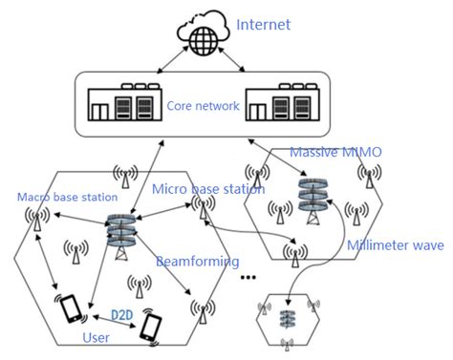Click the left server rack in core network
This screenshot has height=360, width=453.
pos(125,105)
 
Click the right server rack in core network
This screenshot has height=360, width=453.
pos(279,105)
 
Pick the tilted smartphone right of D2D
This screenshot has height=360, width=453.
pos(151,325)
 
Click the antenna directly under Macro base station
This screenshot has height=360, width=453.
pos(38,220)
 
